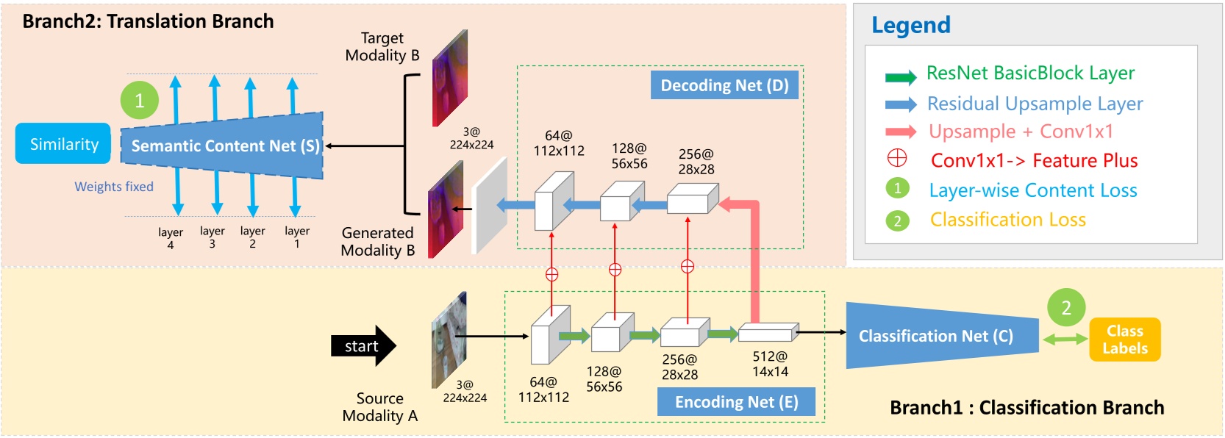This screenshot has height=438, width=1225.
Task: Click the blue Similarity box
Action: tap(63, 144)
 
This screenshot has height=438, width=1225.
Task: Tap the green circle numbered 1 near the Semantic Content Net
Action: tap(140, 101)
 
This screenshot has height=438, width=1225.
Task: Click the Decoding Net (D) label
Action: tap(724, 85)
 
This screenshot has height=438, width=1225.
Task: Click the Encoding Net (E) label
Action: tap(736, 402)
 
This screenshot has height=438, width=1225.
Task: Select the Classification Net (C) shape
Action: tap(938, 336)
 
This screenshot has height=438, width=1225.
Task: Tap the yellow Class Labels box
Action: tap(1124, 340)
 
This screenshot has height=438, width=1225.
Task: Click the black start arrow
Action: tap(363, 346)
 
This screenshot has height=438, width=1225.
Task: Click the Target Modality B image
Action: tap(449, 77)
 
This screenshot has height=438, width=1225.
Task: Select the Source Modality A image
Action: tap(449, 339)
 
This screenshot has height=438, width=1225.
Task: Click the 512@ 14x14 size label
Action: tap(770, 364)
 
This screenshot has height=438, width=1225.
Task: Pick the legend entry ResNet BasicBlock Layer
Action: tap(1030, 73)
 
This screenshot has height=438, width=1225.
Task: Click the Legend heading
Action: tap(911, 25)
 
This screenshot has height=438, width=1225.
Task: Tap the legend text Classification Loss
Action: tap(1007, 220)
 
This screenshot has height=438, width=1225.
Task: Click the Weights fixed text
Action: tap(114, 187)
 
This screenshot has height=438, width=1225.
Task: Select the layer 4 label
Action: tap(171, 238)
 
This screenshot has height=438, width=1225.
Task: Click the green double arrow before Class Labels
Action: tap(1065, 339)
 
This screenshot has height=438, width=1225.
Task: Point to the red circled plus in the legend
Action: tap(897, 159)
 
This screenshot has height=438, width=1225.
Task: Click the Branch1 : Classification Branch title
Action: tap(1026, 408)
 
